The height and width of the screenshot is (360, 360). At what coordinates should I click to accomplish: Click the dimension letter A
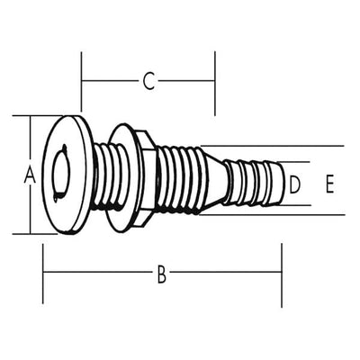pyautogui.click(x=30, y=175)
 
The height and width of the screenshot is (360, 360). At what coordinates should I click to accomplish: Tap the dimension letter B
pyautogui.click(x=162, y=274)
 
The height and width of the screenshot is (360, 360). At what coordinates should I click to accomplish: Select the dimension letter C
pyautogui.click(x=148, y=81)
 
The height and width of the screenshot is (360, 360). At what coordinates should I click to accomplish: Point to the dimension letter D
pyautogui.click(x=295, y=184)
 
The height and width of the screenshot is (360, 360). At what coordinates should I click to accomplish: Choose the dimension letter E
pyautogui.click(x=329, y=184)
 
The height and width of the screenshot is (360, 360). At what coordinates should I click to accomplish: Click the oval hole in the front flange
pyautogui.click(x=61, y=174)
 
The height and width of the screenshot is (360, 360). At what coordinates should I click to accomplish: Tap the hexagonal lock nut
pyautogui.click(x=146, y=178)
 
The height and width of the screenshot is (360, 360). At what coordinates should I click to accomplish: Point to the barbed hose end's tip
pyautogui.click(x=282, y=184)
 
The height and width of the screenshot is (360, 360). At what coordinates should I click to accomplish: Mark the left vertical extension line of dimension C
pyautogui.click(x=81, y=82)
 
